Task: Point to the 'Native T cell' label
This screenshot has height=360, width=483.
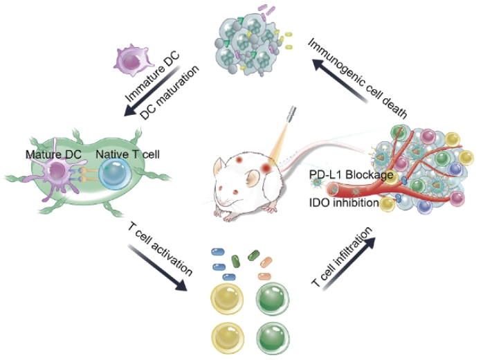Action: [128, 154]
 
